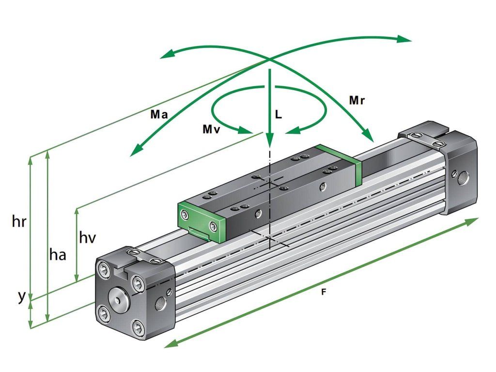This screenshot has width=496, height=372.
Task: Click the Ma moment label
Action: click(159, 114)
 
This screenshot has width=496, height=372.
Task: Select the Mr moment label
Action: click(357, 101)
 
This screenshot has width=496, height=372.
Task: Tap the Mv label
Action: click(211, 129)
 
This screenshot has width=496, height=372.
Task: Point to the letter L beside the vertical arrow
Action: click(279, 114)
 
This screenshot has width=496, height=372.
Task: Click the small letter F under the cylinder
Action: click(323, 292)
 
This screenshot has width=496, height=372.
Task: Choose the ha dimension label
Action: click(58, 254)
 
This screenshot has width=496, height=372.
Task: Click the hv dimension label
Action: click(87, 237)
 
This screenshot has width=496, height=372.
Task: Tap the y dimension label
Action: click(21, 297)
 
